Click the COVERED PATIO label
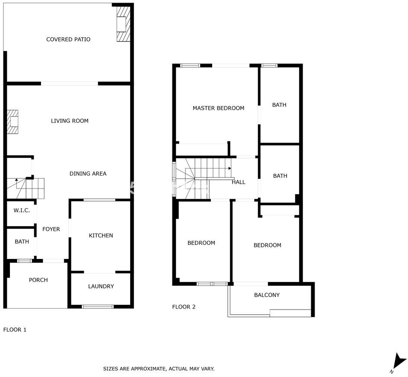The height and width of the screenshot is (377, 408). point(68,39)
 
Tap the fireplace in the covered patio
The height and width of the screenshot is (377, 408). point(123,24)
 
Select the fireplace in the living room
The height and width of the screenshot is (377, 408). point(13,122)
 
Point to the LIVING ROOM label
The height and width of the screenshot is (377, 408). point(70,121)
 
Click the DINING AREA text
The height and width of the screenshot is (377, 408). point(88,174)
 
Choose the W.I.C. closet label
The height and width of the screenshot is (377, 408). point(22,211)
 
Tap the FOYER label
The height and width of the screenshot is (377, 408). point(51,229)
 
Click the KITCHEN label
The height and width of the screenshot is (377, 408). point(101,236)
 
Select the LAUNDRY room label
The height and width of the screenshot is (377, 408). point(101,286)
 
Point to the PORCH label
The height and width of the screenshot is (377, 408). point(38,280)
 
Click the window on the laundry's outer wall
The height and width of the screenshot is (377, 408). point(98,307)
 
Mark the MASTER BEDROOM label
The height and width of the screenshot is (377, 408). point(218,108)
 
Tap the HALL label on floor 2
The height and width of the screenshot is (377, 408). point(238,182)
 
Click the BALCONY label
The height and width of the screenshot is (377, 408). point(267,295)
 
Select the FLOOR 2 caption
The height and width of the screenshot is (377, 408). point(184,307)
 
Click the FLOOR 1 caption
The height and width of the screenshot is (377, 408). point(15,330)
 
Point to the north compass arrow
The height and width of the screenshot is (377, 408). point(399,361)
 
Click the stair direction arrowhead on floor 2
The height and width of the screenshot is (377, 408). point(230,169)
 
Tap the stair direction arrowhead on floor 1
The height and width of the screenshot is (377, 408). point(16,180)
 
